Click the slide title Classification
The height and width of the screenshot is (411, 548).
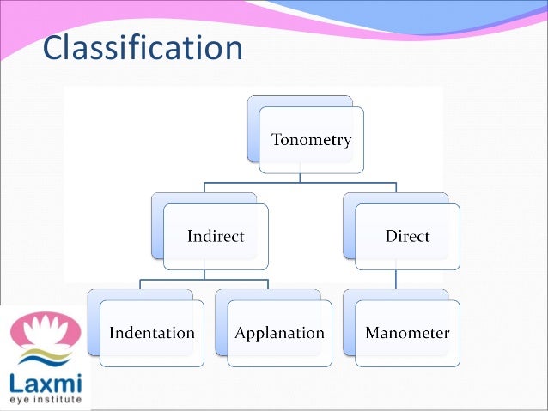[143, 49]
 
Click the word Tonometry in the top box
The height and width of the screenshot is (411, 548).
[311, 140]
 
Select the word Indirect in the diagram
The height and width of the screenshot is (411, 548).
[216, 236]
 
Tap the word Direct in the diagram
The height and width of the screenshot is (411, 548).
[407, 236]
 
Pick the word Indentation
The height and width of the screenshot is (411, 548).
[152, 332]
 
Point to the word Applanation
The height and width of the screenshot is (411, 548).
[280, 332]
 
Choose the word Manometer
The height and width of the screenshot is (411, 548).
[407, 332]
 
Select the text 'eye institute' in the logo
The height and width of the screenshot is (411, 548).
[45, 399]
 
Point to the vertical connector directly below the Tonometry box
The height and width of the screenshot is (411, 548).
[300, 177]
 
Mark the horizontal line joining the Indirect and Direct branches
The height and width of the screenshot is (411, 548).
[300, 183]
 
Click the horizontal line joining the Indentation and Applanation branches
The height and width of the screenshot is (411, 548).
[204, 279]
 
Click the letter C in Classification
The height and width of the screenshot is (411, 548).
[54, 49]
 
